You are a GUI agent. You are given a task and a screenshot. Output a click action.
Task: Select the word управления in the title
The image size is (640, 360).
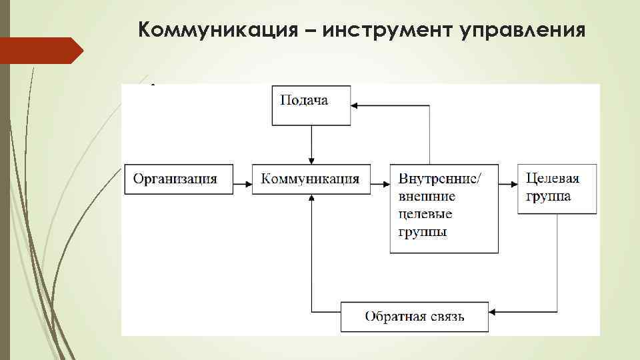(523, 30)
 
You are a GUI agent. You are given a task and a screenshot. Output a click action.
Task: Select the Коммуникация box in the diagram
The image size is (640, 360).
(311, 179)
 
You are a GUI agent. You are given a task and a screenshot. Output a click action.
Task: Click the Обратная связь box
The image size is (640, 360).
(414, 316)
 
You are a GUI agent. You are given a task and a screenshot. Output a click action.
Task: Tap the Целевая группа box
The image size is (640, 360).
(557, 188)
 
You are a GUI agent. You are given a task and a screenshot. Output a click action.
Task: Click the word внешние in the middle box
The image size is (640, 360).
(427, 197)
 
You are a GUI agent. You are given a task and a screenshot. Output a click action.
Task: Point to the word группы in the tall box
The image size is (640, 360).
(423, 232)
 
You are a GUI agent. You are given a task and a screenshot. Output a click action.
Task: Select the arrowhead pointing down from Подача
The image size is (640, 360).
(311, 161)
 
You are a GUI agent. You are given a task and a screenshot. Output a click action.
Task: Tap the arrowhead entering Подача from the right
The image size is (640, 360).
(355, 105)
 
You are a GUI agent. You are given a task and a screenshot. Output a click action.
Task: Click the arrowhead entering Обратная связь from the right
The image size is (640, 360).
(493, 311)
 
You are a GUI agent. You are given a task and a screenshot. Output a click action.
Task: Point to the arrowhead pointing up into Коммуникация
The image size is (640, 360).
(311, 198)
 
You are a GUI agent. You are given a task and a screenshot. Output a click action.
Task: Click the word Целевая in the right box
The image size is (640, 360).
(553, 179)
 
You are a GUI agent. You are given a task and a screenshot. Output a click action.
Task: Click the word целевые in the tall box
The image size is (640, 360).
(425, 214)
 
